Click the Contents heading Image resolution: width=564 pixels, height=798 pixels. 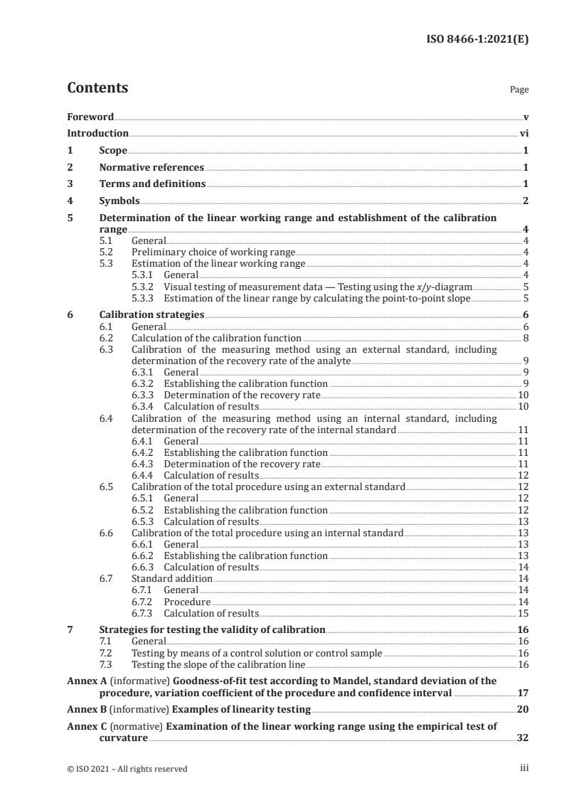click(97, 89)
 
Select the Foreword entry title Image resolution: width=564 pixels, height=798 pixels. click(90, 116)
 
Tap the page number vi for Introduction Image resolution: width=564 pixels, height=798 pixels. click(523, 133)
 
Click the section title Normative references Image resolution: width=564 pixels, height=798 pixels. click(151, 168)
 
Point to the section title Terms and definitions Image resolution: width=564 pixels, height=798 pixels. click(152, 184)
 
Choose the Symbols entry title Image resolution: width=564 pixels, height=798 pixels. click(119, 201)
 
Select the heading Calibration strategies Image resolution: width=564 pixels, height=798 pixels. click(151, 314)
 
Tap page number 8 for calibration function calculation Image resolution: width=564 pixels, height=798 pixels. click(526, 338)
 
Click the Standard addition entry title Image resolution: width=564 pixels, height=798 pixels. click(172, 578)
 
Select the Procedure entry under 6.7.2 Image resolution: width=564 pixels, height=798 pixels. click(187, 601)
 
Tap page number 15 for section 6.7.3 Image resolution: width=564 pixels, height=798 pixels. click(523, 612)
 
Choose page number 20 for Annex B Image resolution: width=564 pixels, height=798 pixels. click(523, 710)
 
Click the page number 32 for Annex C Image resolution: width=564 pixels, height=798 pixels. click(523, 739)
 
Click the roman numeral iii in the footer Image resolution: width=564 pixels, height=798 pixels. click(524, 768)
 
